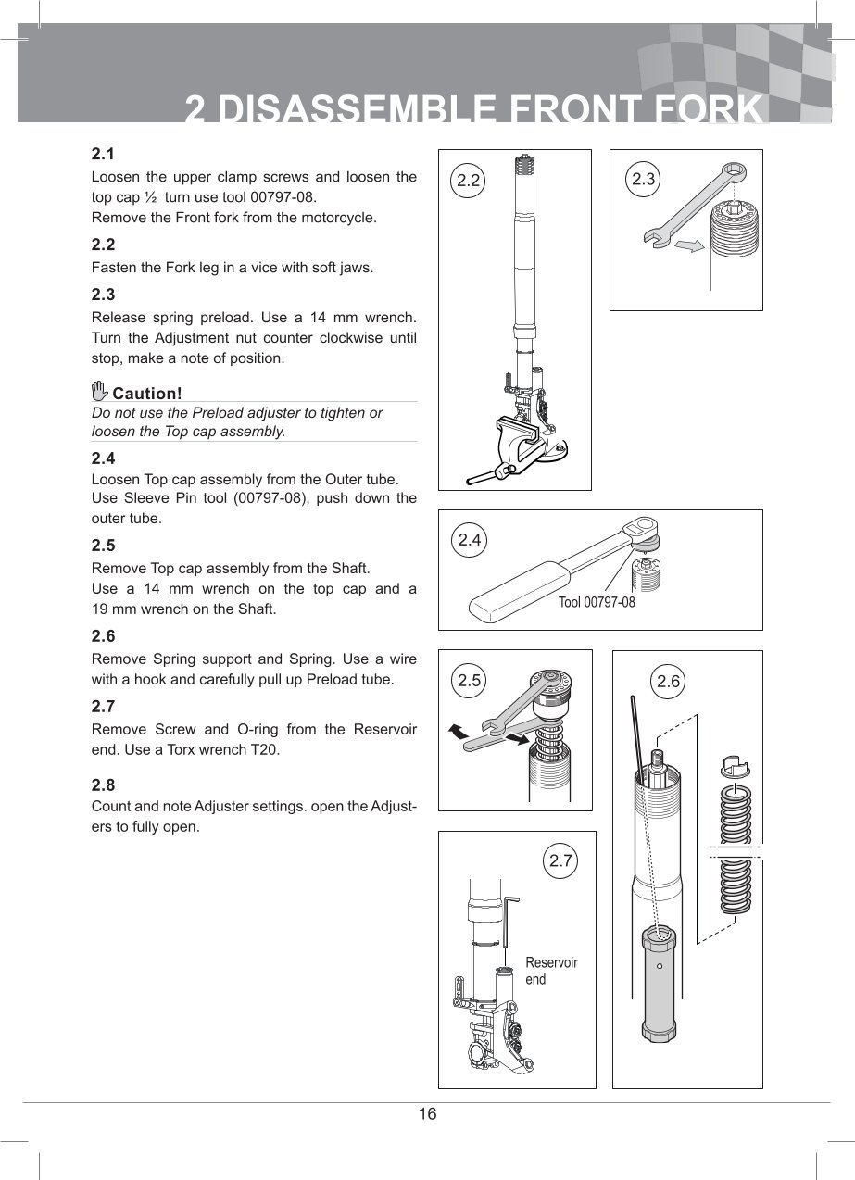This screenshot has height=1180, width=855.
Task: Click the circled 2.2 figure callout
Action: pos(468,181)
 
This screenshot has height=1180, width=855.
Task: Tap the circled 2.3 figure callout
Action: pos(643,180)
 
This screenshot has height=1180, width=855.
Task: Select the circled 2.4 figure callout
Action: pos(470,540)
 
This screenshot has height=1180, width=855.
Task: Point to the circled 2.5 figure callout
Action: pos(469,681)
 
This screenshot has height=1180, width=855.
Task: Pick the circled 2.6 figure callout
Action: pos(668,682)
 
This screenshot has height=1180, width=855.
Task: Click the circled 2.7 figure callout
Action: pos(560,860)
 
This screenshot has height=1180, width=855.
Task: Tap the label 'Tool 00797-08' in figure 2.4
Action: pos(597,602)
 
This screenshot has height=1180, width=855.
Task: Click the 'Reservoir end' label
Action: pos(551,971)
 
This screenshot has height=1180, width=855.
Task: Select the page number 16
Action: pos(427,1113)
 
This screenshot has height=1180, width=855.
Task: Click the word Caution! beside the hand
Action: pos(147,394)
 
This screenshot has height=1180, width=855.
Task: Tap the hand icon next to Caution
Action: pos(99,390)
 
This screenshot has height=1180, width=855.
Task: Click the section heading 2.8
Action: pos(103,785)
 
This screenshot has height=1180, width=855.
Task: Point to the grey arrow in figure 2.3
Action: pos(689,245)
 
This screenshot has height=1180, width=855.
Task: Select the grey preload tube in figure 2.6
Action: pos(659,985)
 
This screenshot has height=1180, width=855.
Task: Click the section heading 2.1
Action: pos(103,155)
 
